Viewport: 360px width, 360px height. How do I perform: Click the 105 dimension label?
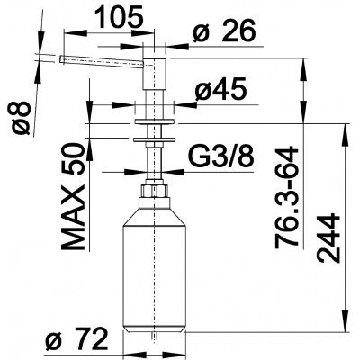click(120, 16)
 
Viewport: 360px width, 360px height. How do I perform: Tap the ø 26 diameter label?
click(224, 31)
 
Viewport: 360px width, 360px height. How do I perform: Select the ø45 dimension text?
click(220, 89)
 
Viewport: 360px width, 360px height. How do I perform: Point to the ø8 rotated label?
click(22, 118)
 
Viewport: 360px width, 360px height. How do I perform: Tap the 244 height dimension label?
click(328, 238)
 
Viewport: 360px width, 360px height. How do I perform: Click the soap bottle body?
click(155, 267)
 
